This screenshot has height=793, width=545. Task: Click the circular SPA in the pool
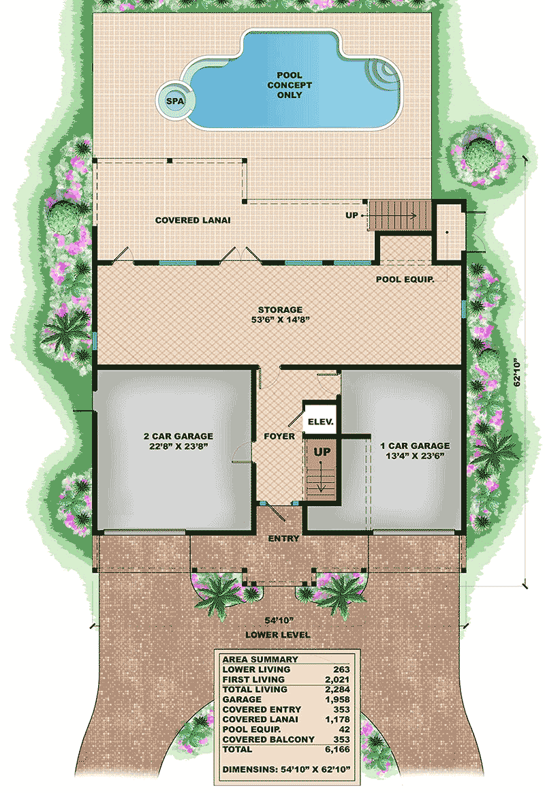174,101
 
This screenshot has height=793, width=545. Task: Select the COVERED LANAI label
193,220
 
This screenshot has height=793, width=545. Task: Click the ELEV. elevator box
320,422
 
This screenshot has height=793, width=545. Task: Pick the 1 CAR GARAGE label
414,451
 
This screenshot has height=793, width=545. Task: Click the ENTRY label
283,539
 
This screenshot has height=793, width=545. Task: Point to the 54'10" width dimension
279,620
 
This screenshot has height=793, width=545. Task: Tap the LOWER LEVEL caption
279,635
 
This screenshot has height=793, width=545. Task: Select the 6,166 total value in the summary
335,749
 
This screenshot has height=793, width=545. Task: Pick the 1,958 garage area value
335,700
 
